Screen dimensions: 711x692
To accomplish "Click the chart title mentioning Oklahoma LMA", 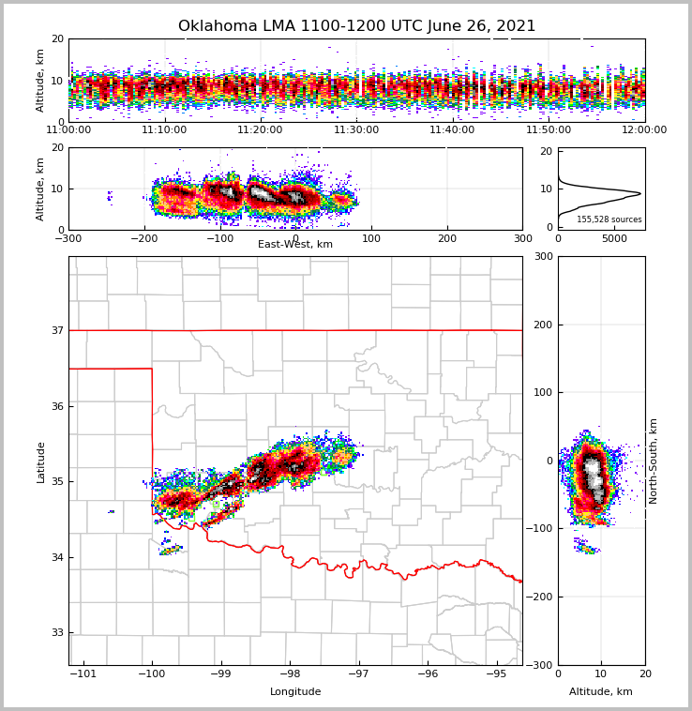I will (356, 26).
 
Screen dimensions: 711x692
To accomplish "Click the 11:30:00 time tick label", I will (356, 130).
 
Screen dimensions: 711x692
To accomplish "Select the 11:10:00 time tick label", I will (164, 130).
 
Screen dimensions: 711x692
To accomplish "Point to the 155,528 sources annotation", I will (609, 219).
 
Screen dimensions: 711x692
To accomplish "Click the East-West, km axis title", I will (295, 245).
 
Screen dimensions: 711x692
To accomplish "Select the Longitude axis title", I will (295, 692).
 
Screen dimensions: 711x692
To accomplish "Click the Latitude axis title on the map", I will (41, 461).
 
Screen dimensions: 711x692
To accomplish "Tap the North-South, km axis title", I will (654, 461).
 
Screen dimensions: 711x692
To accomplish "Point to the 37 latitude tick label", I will (57, 330).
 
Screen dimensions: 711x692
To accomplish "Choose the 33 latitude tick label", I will (57, 633).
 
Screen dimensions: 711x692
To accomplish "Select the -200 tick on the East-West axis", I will (143, 238).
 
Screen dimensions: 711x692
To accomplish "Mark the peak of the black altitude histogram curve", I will (640, 193).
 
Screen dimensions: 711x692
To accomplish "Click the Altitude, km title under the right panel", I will (601, 692).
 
